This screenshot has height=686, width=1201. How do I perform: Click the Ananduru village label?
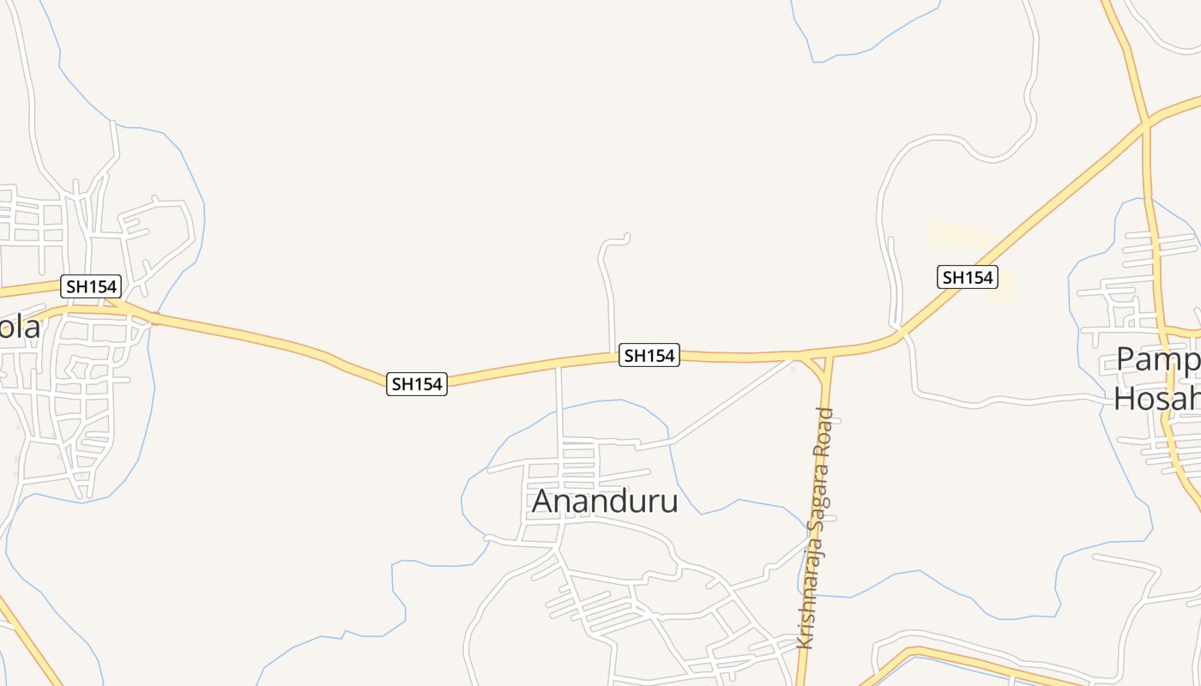tap(605, 501)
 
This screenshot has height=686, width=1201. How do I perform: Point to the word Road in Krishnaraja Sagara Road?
tap(824, 434)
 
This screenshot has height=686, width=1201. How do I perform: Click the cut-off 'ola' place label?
tap(20, 328)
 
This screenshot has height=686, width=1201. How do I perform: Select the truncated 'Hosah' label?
tap(1156, 399)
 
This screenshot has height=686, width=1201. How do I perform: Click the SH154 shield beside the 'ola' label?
tap(91, 286)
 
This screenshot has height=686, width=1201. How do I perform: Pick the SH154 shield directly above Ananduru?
tap(649, 355)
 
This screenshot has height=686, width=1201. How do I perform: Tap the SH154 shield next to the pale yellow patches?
tap(967, 277)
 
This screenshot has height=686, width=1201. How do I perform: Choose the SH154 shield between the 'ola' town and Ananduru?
tap(417, 384)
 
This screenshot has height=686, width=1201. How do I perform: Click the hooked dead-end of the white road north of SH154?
tap(627, 237)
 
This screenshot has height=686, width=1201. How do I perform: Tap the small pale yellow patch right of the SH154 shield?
tap(1005, 288)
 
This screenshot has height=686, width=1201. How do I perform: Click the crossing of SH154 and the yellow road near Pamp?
tap(1146, 125)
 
